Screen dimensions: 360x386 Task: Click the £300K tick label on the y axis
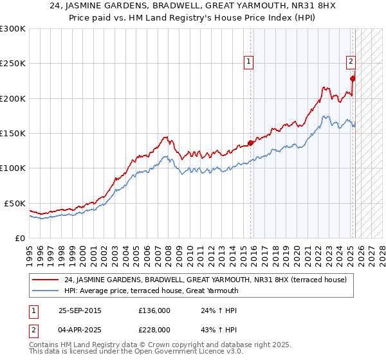(13, 29)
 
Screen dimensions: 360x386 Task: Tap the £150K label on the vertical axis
(13, 134)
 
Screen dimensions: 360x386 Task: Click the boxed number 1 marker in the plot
(248, 62)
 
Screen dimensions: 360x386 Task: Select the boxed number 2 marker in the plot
(351, 62)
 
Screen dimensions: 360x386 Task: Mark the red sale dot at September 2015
(250, 143)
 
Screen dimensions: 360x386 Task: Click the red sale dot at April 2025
(353, 79)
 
